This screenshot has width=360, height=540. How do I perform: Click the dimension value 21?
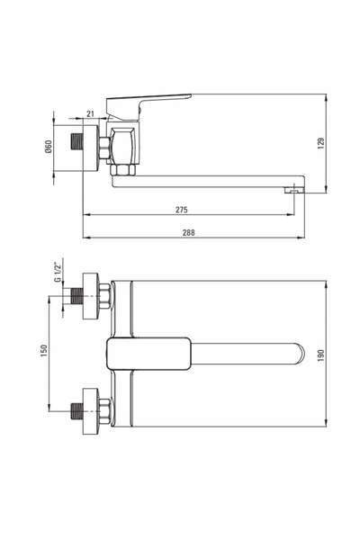pos(90,114)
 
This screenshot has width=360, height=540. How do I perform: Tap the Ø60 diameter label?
pos(49,147)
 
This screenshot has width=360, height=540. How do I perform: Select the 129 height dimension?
pos(321,143)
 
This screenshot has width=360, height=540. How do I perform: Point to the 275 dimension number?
pos(182,210)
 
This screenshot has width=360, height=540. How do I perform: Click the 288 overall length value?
pos(188,232)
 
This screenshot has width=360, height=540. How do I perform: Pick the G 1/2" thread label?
pos(58,273)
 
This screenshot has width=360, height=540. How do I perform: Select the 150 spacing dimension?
pos(44,351)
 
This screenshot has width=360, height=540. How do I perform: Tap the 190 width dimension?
pos(321,355)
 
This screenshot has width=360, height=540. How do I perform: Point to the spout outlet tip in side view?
pos(294,190)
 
